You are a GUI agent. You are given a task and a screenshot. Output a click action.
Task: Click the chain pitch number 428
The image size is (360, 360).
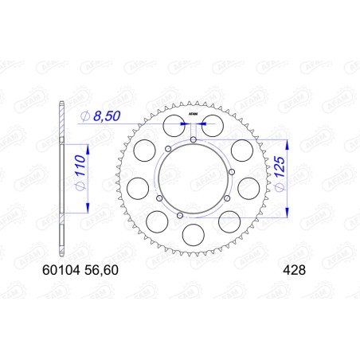291,270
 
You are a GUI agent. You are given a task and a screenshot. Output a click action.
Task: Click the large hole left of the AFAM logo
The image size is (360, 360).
173,125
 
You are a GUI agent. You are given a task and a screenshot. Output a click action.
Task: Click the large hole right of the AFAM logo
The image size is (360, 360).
212,125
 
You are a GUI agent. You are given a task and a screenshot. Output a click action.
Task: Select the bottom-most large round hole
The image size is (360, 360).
193,235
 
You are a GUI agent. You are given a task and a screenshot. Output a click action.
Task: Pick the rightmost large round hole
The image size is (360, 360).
249,186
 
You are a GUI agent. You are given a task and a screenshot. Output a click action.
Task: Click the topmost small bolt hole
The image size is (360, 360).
194,141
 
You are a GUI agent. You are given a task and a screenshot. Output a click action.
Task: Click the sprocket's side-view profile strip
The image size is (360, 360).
61,178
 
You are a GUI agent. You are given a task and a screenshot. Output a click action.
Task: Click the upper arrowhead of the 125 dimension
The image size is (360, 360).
284,142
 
